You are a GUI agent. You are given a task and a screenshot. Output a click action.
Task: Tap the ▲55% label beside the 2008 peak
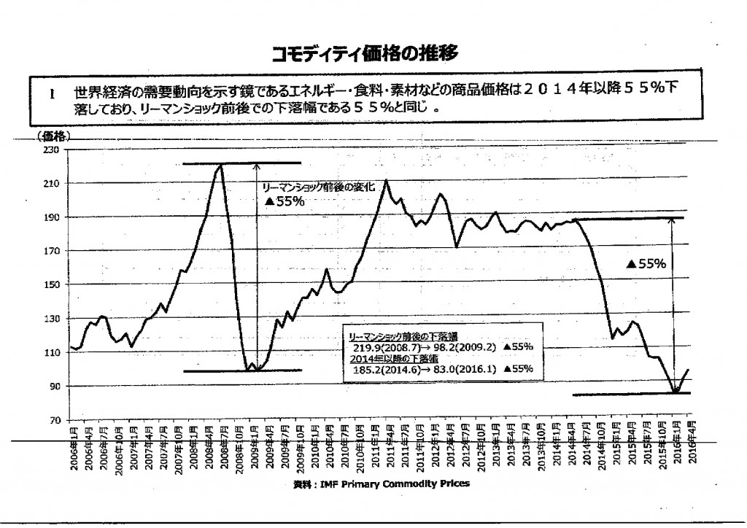[284, 201]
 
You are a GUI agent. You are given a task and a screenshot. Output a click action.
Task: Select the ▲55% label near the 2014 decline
[646, 265]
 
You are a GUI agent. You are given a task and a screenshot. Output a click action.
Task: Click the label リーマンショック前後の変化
[318, 187]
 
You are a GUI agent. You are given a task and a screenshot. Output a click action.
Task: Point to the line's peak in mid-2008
[220, 165]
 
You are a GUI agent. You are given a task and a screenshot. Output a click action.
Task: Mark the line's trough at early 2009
[249, 370]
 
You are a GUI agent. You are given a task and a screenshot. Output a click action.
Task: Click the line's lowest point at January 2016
[676, 392]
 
